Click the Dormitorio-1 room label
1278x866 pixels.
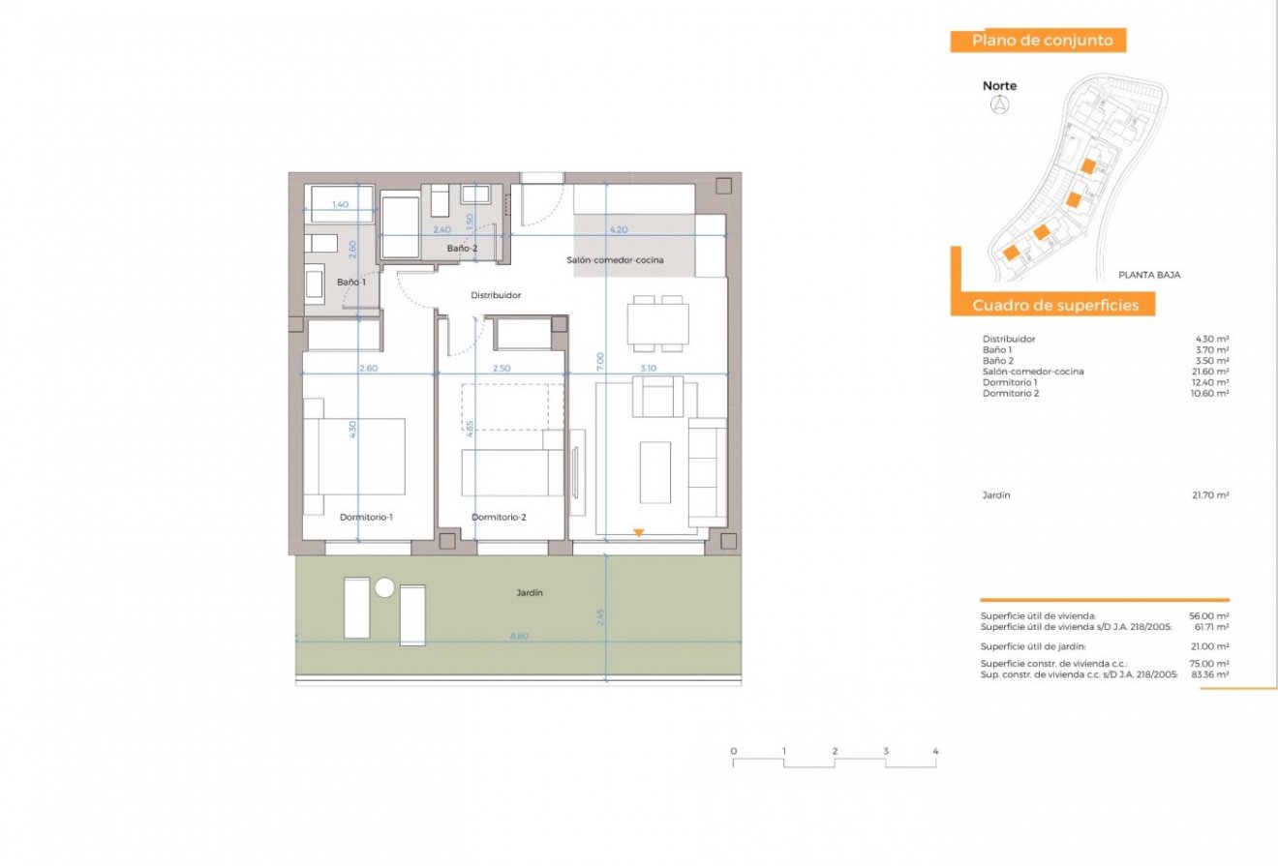point(366,518)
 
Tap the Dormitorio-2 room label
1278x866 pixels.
point(499,518)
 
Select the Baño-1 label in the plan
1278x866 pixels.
point(350,282)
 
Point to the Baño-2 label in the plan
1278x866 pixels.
point(462,249)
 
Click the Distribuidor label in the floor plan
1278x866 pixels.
point(496,295)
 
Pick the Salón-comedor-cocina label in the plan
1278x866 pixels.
point(615,259)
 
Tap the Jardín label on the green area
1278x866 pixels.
point(529,592)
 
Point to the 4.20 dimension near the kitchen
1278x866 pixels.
point(620,230)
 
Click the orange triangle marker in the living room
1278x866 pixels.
point(637,532)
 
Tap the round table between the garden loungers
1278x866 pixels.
point(384,587)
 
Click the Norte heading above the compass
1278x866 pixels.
point(999,86)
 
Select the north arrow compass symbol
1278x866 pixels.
point(999,105)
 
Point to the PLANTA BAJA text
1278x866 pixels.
point(1148,275)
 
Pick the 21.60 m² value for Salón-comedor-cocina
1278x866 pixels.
point(1210,372)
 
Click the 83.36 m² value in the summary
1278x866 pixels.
point(1210,673)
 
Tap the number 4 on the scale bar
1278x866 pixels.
point(935,751)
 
